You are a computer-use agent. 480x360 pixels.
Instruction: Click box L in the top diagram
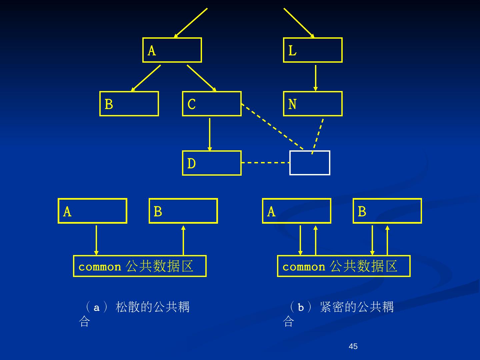(313, 50)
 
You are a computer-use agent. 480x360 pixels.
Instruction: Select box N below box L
(313, 104)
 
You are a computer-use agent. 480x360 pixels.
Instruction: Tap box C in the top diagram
(212, 104)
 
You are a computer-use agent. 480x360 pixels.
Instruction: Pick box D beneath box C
(212, 163)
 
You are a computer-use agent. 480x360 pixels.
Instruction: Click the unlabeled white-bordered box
(310, 163)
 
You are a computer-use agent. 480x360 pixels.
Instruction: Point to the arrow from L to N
(315, 78)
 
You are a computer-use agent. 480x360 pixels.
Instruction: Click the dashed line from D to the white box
(265, 163)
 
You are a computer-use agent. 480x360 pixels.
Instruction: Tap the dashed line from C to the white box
(272, 126)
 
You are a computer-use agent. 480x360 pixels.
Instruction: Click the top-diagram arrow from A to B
(146, 78)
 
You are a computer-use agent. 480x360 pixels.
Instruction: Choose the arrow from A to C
(201, 78)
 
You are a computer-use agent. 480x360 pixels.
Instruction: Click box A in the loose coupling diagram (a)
(92, 211)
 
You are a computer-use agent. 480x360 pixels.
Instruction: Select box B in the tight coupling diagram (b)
(387, 211)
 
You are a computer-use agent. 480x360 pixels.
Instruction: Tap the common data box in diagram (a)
(140, 266)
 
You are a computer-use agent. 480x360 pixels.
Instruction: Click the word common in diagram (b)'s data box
(304, 267)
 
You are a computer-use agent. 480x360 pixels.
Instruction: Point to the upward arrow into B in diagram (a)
(183, 240)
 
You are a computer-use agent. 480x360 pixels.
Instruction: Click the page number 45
(353, 346)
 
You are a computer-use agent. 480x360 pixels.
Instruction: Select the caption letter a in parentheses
(97, 307)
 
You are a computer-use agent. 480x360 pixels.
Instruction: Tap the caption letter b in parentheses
(301, 307)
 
